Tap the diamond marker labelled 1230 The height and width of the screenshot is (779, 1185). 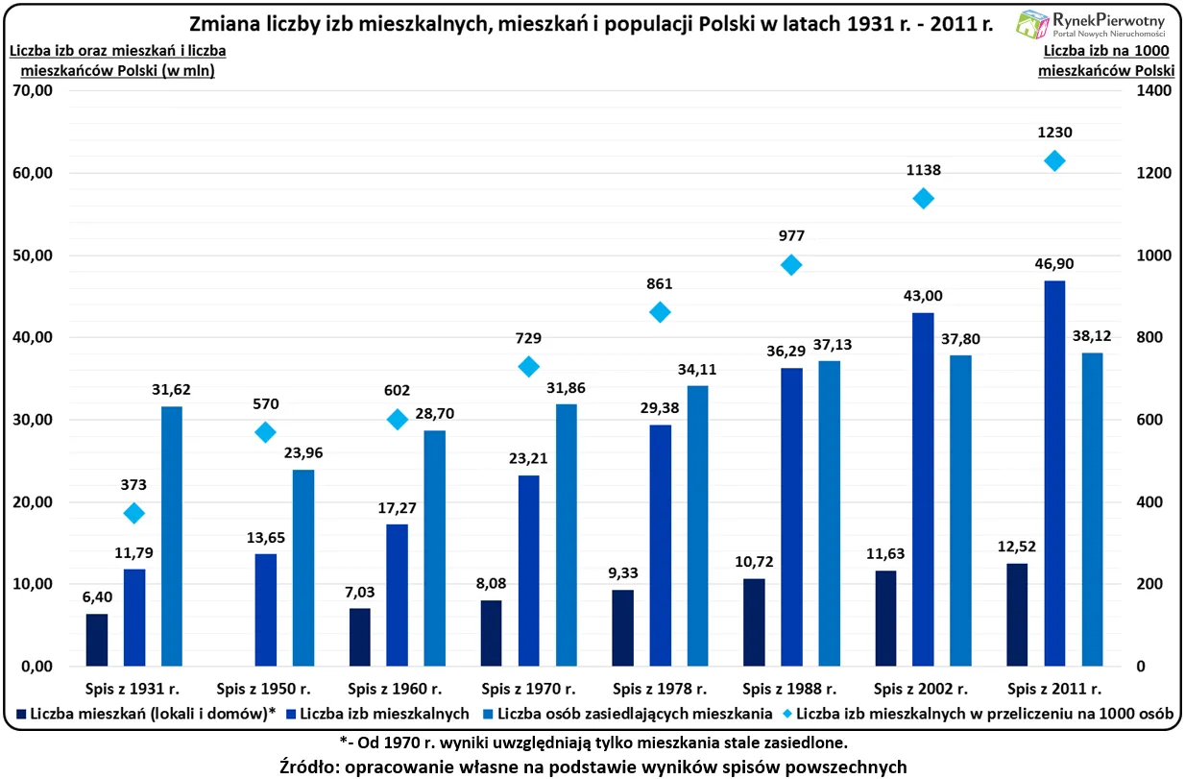[x=1054, y=160]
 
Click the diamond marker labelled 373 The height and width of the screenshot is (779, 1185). [x=134, y=513]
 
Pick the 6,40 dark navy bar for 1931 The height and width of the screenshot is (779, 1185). [x=97, y=640]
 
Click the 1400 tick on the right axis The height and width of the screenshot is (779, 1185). [x=1153, y=91]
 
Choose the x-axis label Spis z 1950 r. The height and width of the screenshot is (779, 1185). [x=263, y=689]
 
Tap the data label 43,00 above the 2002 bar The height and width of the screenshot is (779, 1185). [x=923, y=296]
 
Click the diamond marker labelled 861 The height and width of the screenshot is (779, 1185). [x=660, y=312]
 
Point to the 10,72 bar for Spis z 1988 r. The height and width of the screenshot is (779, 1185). [x=754, y=621]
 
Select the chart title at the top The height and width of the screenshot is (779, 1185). [x=591, y=23]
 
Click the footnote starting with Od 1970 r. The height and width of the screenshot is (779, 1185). [x=592, y=742]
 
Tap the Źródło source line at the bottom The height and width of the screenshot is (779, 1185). [x=592, y=766]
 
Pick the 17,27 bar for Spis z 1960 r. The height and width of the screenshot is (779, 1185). [x=398, y=595]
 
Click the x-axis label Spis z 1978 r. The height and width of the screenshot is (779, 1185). [x=659, y=689]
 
